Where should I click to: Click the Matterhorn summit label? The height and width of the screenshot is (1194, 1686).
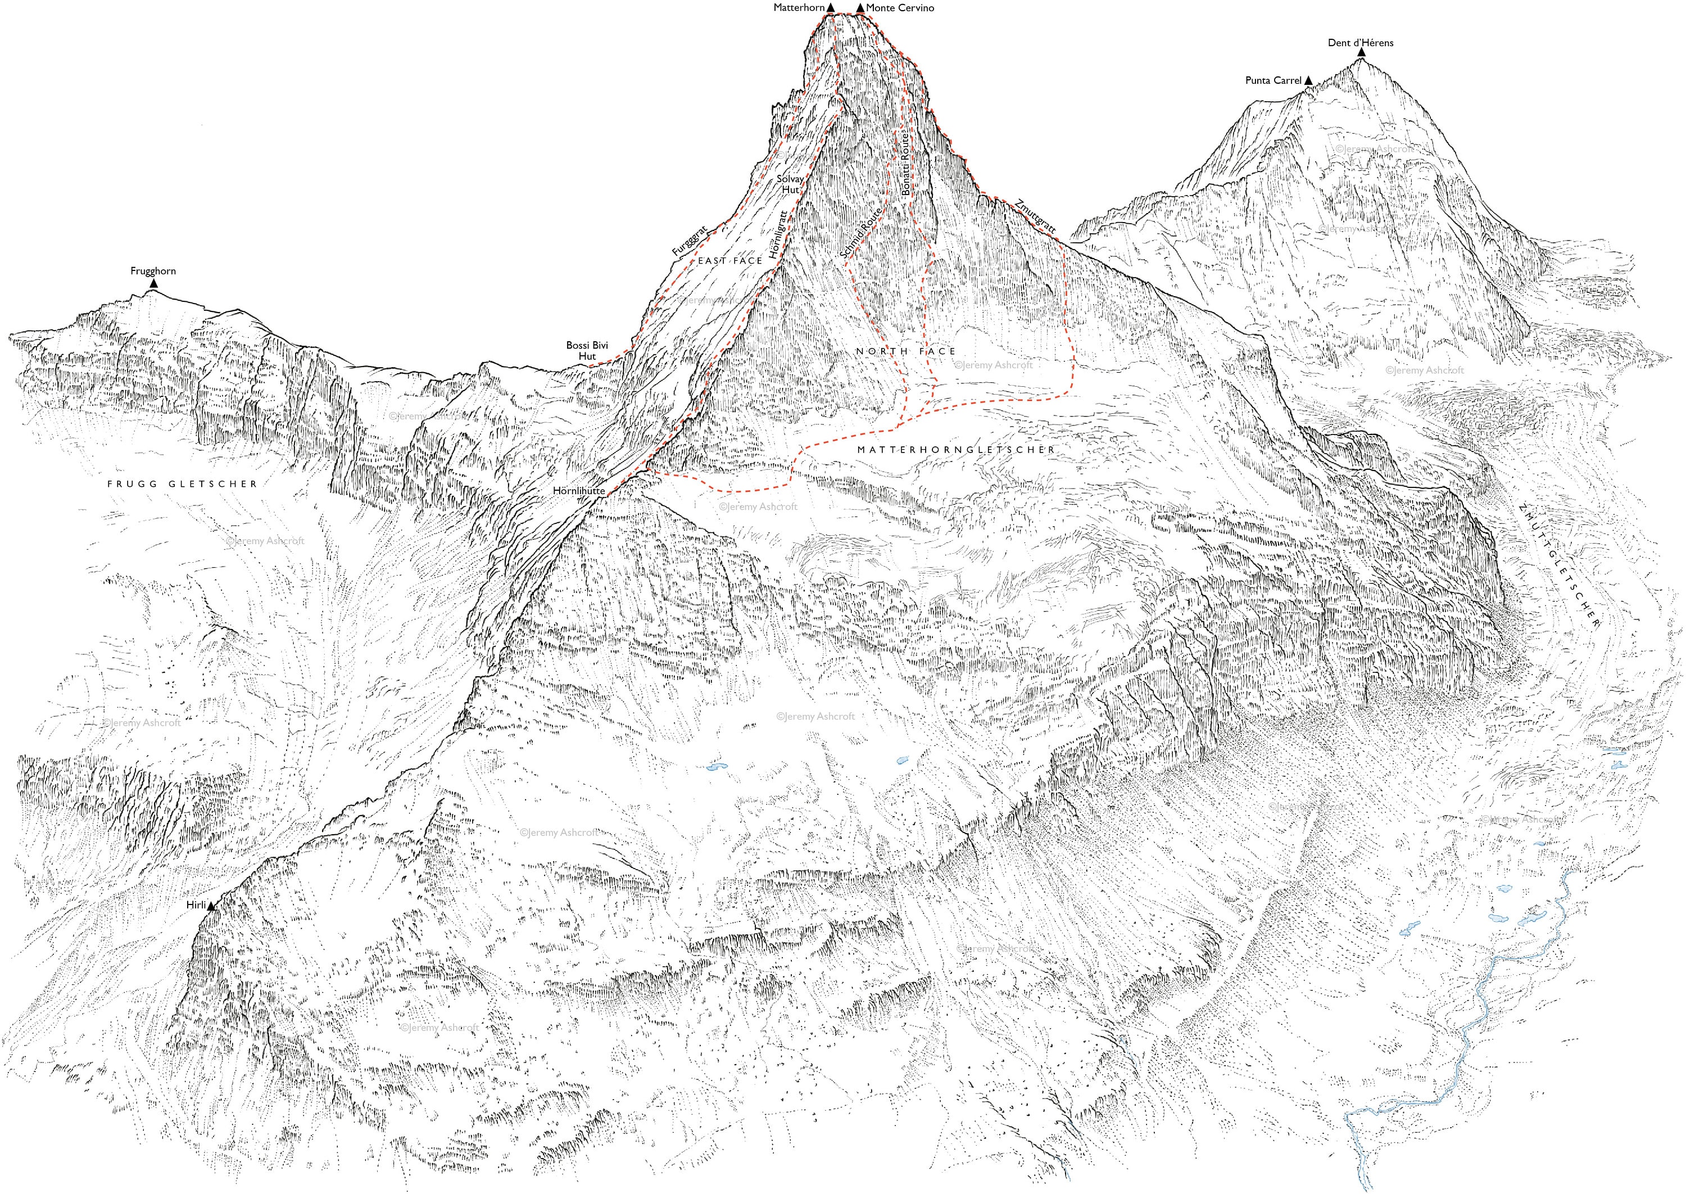[x=799, y=7]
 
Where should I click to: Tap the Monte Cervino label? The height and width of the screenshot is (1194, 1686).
[x=900, y=7]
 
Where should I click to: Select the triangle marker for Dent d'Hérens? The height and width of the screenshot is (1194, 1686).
[x=1361, y=52]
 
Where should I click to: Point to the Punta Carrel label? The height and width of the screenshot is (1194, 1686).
[x=1273, y=80]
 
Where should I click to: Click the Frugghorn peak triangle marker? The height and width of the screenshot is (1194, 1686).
[x=153, y=283]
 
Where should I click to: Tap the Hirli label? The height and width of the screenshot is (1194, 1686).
[x=196, y=905]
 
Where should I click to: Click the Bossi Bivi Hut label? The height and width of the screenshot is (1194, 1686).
[x=587, y=351]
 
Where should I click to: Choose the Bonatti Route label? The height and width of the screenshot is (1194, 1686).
[x=906, y=163]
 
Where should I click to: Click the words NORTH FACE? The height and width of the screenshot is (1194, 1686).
[x=905, y=351]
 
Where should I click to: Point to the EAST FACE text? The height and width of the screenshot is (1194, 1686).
[x=730, y=260]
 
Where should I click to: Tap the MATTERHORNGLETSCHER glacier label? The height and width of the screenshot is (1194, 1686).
[x=955, y=449]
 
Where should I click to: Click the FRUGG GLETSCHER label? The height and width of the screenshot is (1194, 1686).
[x=182, y=484]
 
